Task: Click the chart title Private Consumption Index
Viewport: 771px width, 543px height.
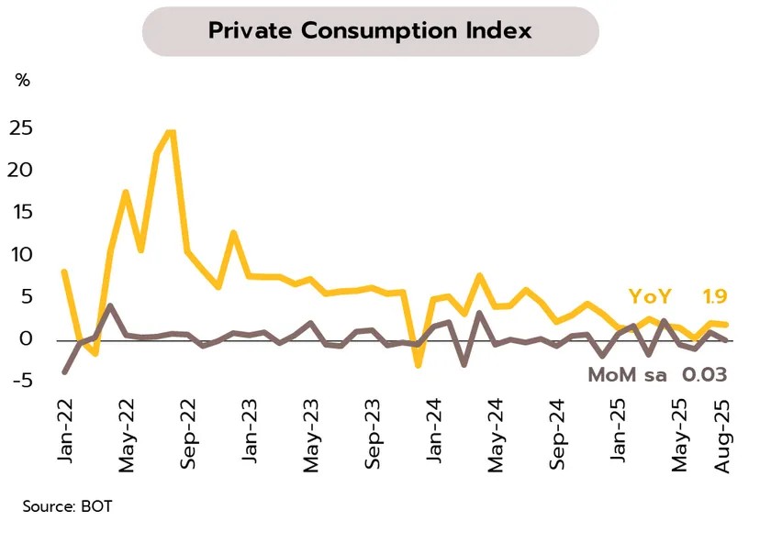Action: [x=370, y=30]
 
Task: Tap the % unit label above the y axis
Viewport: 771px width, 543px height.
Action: [x=22, y=81]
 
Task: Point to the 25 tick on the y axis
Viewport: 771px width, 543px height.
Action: [x=21, y=128]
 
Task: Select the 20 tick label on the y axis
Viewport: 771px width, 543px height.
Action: [x=21, y=171]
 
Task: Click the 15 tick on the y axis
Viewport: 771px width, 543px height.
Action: [x=22, y=213]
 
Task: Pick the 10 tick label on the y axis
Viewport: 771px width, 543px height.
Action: [x=22, y=255]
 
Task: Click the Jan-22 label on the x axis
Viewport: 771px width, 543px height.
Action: [x=64, y=430]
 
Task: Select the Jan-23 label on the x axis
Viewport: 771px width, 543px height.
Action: [x=250, y=430]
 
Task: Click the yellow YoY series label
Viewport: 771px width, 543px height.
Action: [x=650, y=296]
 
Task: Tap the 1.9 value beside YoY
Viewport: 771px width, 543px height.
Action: [x=716, y=296]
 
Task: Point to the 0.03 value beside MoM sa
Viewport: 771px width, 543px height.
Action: [x=704, y=374]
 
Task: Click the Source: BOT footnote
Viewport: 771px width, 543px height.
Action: [x=68, y=505]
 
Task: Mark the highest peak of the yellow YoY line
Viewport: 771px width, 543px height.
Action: [x=171, y=132]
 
